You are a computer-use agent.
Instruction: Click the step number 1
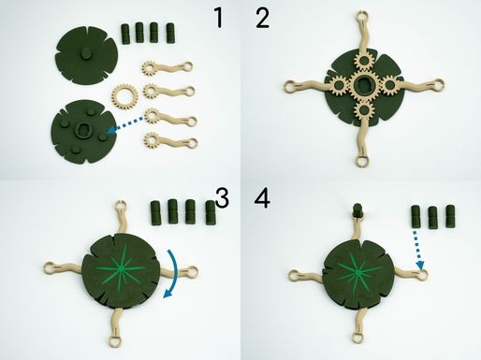219,18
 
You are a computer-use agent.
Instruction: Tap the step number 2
262,19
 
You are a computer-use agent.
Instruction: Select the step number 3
222,198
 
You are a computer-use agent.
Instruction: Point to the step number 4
262,198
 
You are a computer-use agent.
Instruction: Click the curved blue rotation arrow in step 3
174,274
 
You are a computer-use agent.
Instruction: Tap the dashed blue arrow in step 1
125,125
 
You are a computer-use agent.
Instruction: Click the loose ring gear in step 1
124,97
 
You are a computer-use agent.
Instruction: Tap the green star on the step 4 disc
359,272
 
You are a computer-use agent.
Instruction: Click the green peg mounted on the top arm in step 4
357,210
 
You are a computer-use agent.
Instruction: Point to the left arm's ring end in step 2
290,86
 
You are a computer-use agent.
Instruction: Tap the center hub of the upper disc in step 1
84,54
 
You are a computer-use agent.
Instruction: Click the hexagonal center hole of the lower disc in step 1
82,128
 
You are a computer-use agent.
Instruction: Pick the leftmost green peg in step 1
125,34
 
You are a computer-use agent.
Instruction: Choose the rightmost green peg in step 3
211,212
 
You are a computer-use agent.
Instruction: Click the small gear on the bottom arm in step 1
152,140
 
